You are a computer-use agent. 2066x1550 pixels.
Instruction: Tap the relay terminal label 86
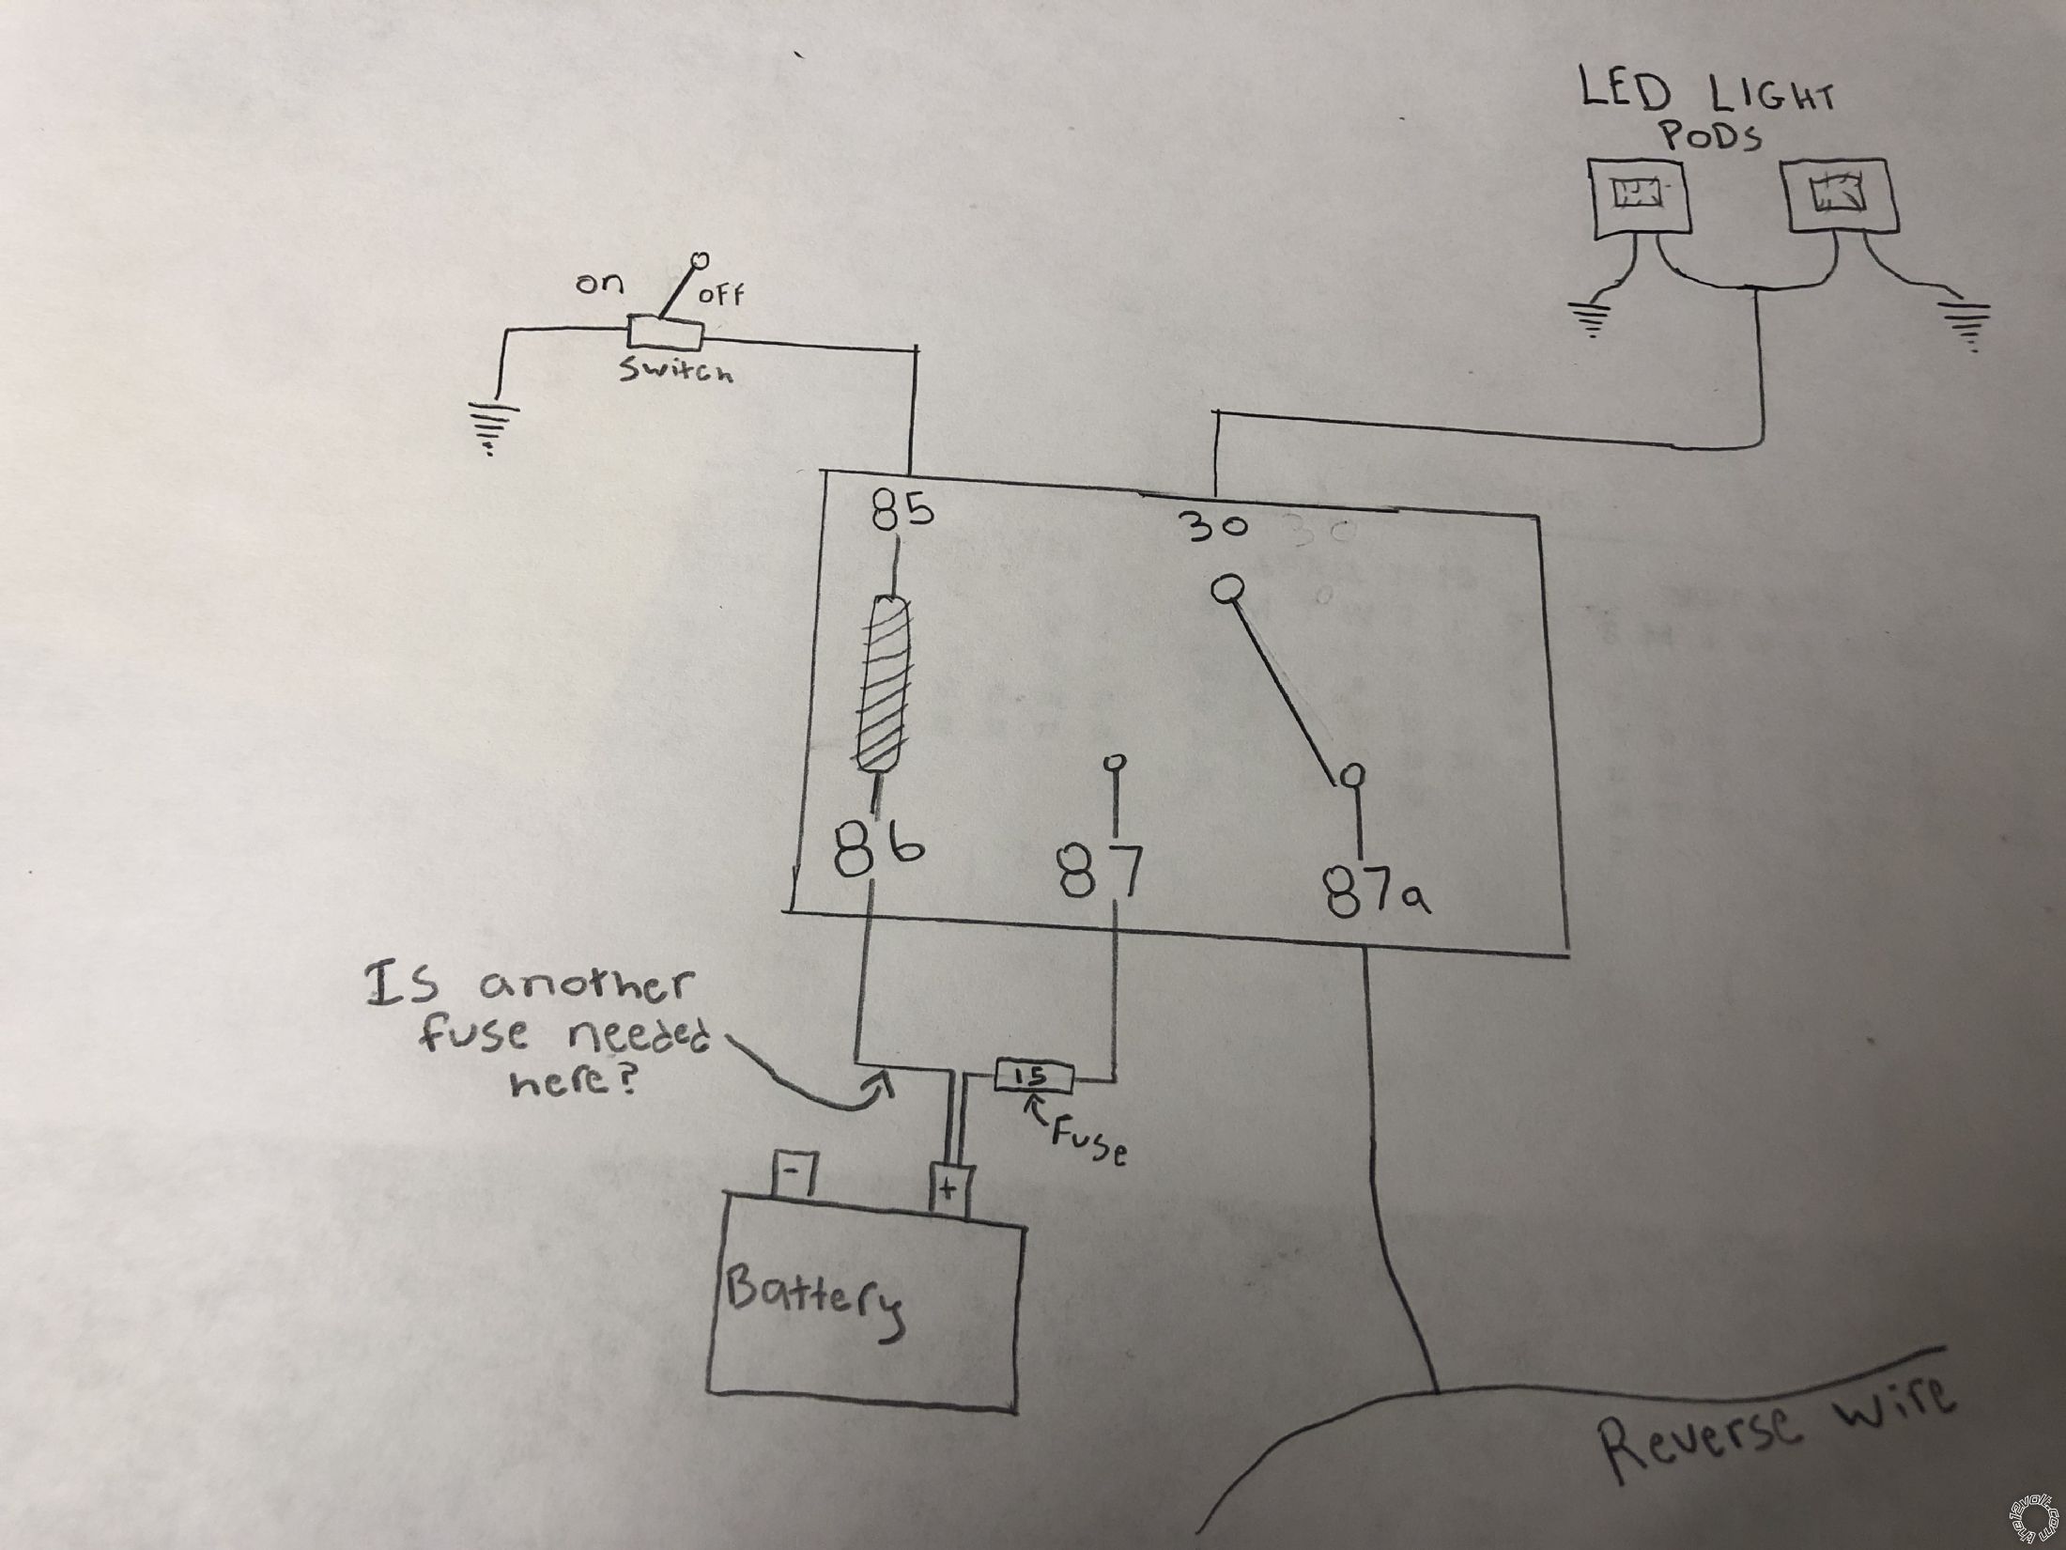tap(878, 851)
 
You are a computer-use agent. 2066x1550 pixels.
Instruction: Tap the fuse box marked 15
tap(1031, 1076)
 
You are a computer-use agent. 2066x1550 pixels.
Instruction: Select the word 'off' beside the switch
tap(720, 296)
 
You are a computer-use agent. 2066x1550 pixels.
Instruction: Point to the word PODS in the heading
tap(1711, 138)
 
